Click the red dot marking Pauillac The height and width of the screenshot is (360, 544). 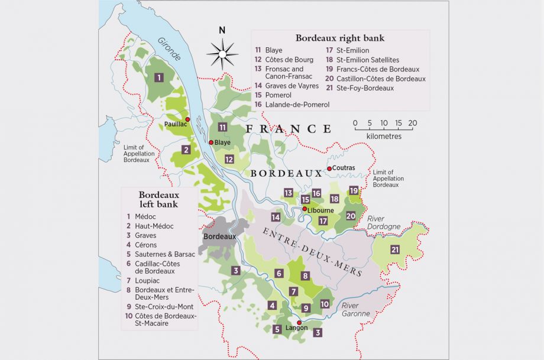pyautogui.click(x=187, y=119)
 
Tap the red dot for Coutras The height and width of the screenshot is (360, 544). pyautogui.click(x=329, y=168)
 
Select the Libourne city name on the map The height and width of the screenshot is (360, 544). pyautogui.click(x=320, y=210)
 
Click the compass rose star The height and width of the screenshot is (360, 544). pyautogui.click(x=222, y=54)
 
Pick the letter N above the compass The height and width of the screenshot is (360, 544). pyautogui.click(x=222, y=31)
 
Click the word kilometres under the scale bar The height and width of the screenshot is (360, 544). pyautogui.click(x=383, y=136)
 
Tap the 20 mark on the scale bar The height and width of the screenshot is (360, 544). pyautogui.click(x=412, y=124)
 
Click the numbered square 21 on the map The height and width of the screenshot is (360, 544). pyautogui.click(x=395, y=249)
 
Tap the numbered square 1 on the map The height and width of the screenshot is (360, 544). pyautogui.click(x=158, y=77)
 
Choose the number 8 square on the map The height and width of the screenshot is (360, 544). pyautogui.click(x=305, y=275)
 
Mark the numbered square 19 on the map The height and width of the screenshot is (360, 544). pyautogui.click(x=354, y=190)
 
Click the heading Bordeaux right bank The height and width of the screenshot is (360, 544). pyautogui.click(x=340, y=38)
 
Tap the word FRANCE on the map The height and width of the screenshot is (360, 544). pyautogui.click(x=289, y=128)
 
